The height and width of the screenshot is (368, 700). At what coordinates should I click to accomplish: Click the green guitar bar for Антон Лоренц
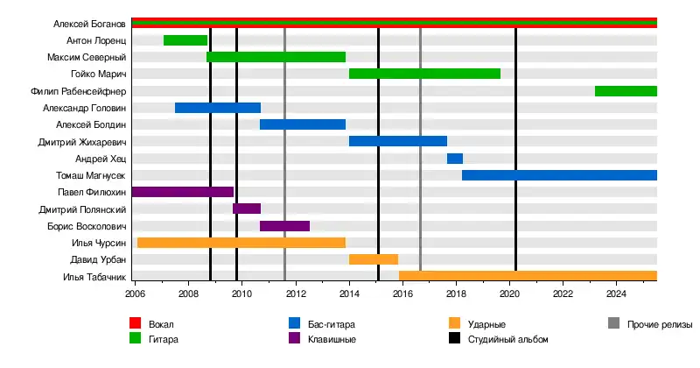pos(185,40)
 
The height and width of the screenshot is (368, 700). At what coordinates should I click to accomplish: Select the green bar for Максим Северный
pos(276,57)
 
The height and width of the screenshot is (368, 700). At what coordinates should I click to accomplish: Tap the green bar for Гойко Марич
pos(424,74)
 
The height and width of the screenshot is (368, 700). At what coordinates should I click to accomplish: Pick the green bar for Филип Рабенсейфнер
pos(626,91)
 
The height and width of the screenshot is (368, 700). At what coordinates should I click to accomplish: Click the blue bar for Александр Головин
pos(218,108)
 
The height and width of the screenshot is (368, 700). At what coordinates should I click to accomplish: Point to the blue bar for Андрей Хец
pos(455,159)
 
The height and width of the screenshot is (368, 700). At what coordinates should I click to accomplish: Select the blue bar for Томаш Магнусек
pos(559,175)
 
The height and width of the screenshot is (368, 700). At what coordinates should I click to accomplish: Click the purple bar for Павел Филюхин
pos(183,192)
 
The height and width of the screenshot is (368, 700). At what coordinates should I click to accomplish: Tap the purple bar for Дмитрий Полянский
pos(247,209)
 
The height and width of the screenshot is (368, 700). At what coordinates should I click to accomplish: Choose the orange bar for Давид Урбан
pos(374,259)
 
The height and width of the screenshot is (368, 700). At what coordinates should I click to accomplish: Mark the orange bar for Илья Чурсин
pos(241,243)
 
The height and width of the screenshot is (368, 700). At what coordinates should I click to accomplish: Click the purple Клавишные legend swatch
pos(295,339)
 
